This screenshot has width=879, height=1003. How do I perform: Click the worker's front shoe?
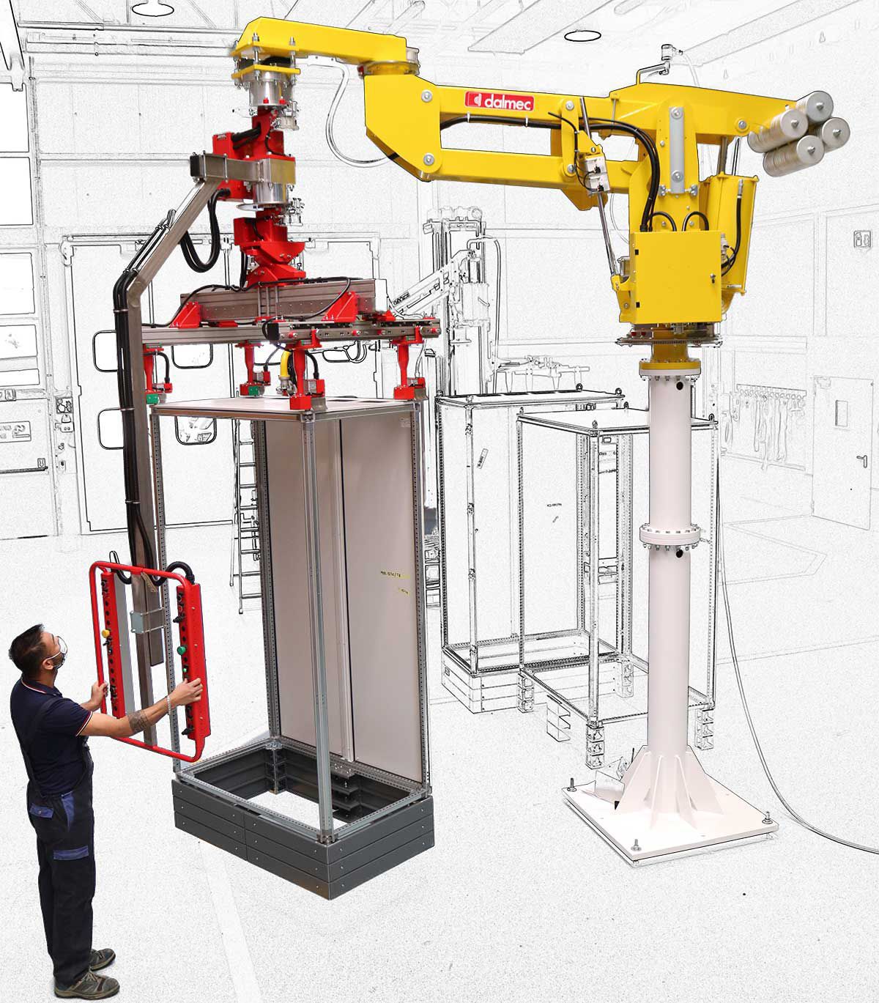[95, 982]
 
